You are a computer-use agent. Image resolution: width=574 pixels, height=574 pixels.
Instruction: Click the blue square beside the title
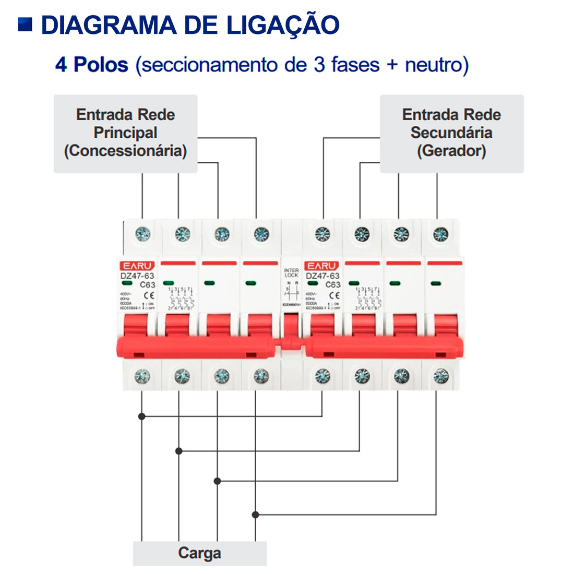click(25, 25)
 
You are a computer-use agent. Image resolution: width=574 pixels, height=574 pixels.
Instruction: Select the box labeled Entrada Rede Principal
click(125, 133)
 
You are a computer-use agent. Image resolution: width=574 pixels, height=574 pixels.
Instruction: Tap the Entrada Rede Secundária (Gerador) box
click(451, 133)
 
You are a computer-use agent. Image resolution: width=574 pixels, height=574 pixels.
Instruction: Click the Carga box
click(199, 553)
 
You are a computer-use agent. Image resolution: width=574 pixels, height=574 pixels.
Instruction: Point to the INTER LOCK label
click(291, 272)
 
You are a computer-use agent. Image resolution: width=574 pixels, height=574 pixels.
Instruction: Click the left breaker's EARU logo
click(138, 266)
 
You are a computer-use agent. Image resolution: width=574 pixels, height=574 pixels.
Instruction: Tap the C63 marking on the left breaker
click(148, 285)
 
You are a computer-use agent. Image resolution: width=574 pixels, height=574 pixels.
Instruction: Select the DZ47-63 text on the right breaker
click(322, 276)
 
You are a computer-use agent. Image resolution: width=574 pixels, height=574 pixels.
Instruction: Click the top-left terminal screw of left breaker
click(142, 234)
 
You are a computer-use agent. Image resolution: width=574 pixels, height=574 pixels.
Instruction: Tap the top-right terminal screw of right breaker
click(441, 234)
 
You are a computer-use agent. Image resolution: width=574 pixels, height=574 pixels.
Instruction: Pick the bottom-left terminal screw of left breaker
click(142, 376)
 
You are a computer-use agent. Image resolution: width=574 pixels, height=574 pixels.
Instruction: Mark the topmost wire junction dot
click(141, 416)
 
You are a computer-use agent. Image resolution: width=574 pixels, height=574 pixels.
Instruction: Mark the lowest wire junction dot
click(255, 515)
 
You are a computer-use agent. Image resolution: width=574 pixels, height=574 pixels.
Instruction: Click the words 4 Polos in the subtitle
click(92, 65)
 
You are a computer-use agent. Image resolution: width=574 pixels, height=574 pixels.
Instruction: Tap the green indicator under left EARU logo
click(127, 283)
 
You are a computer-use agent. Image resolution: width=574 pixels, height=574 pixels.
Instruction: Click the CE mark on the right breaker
click(334, 295)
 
